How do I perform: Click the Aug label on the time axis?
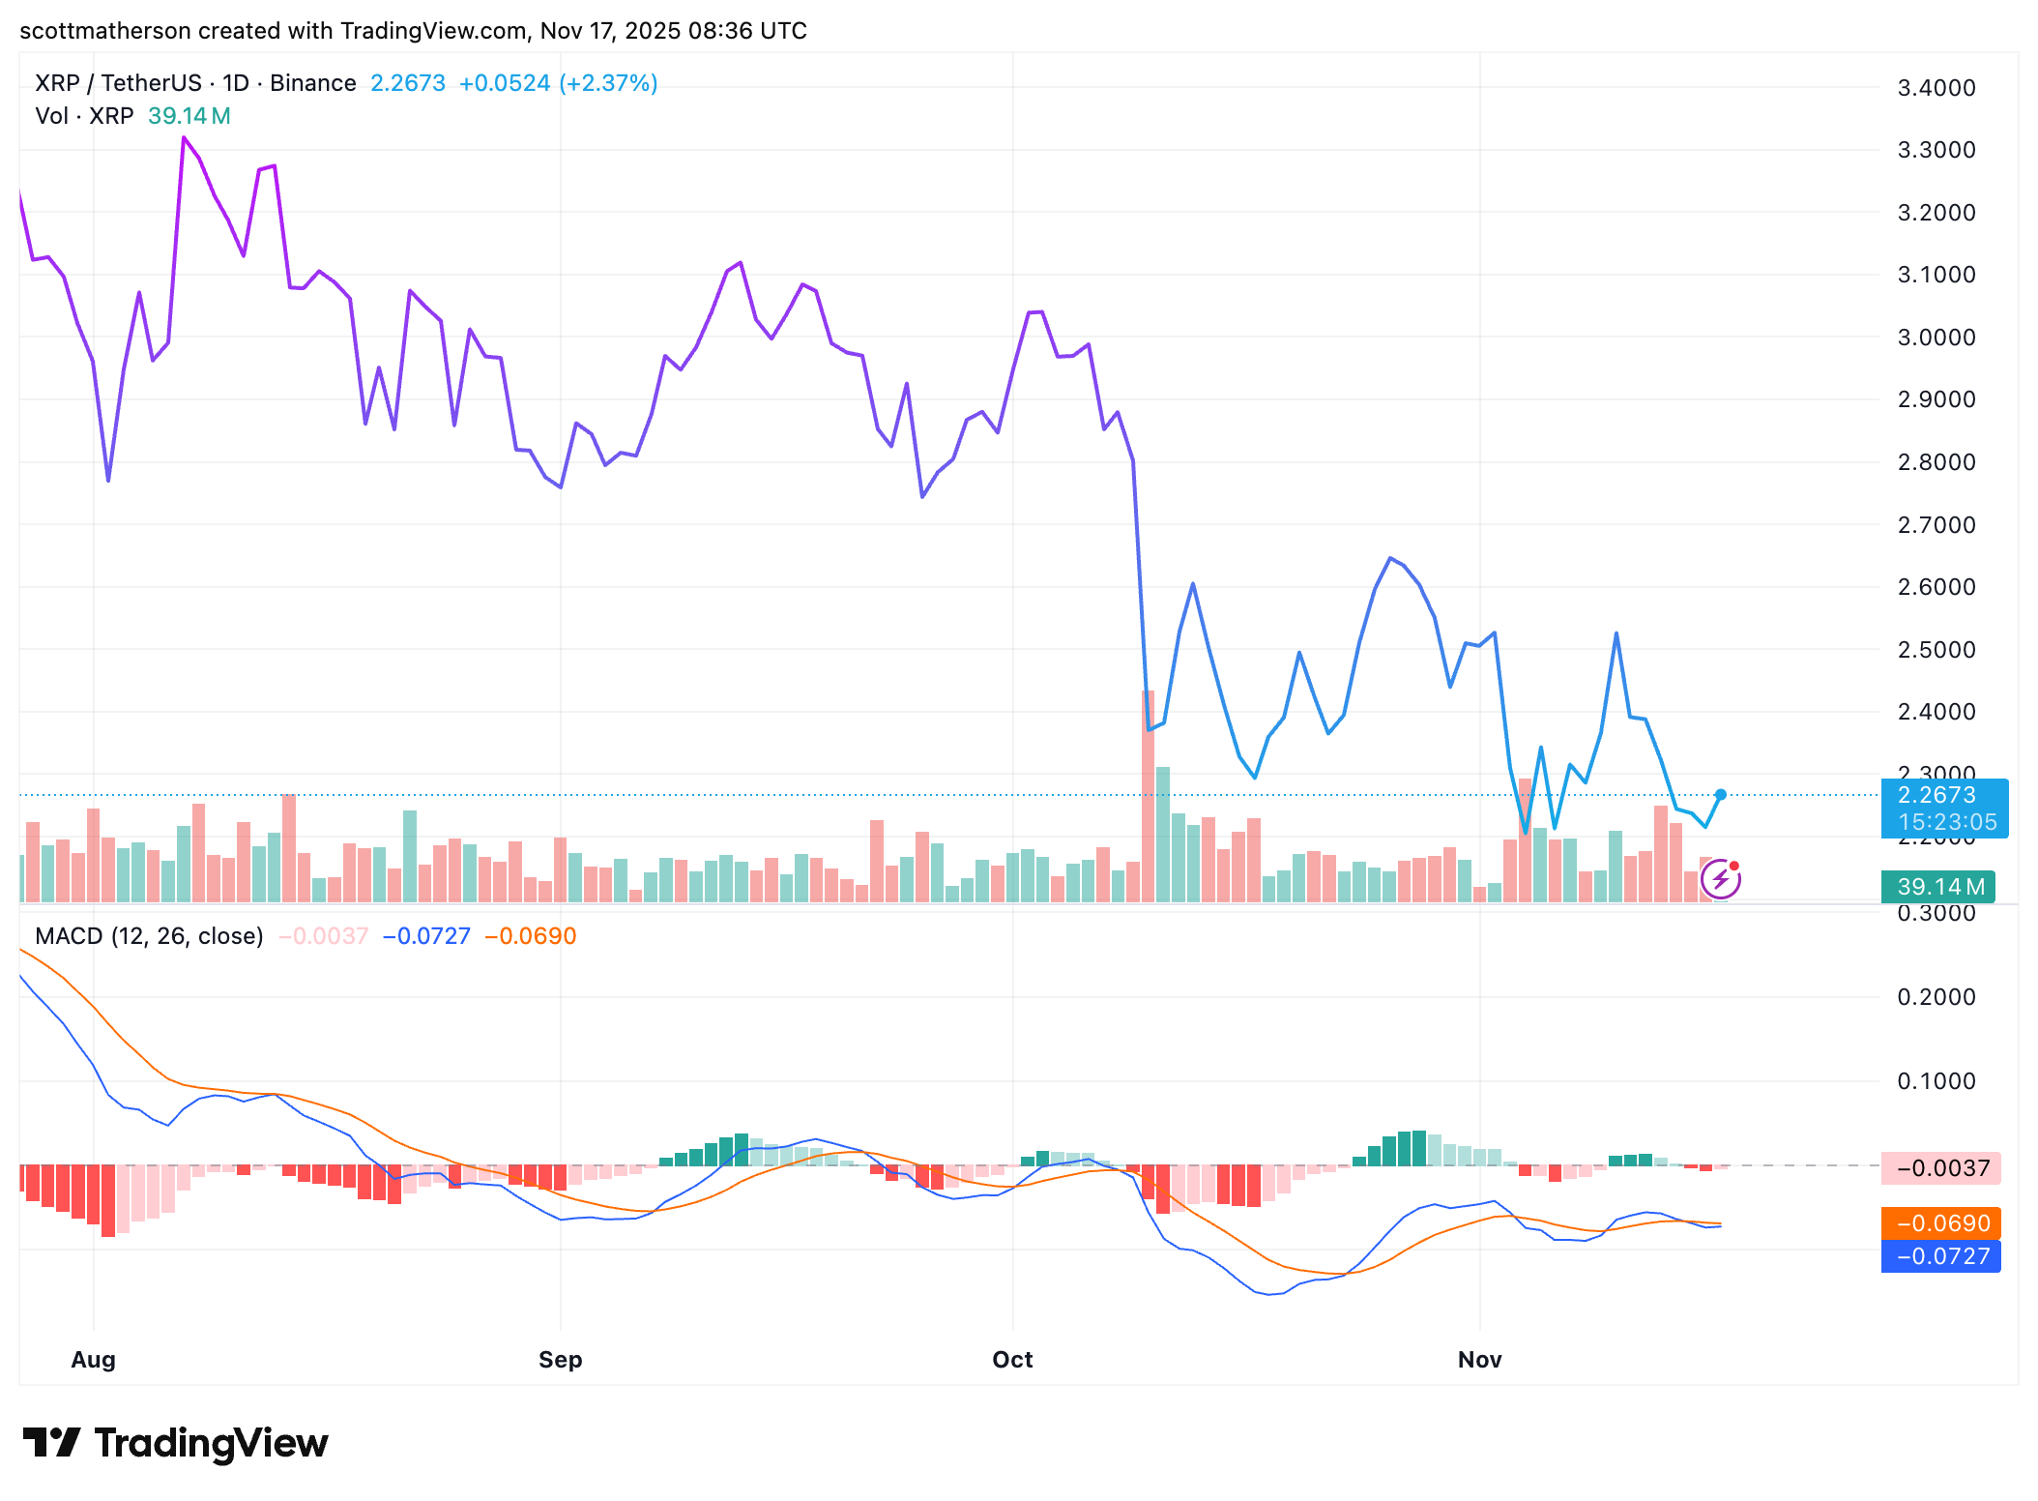click(x=93, y=1359)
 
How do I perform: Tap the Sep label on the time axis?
click(x=560, y=1359)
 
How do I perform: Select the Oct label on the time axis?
click(x=1012, y=1359)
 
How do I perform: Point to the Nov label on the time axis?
click(x=1479, y=1359)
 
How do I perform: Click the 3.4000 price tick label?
click(x=1936, y=88)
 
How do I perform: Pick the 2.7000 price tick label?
click(x=1936, y=525)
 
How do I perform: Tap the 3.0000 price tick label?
click(x=1936, y=338)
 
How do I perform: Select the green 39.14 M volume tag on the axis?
click(x=1939, y=886)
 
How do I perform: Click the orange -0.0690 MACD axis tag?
click(x=1941, y=1223)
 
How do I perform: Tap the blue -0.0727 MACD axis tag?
click(x=1941, y=1256)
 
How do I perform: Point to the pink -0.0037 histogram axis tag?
click(x=1941, y=1168)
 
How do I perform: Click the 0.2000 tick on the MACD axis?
click(x=1936, y=997)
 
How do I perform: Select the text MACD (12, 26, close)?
click(x=149, y=936)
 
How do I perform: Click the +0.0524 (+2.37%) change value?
click(x=558, y=83)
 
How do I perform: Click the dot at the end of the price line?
click(x=1721, y=795)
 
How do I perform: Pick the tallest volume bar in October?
click(x=1149, y=793)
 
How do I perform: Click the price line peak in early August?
click(x=184, y=138)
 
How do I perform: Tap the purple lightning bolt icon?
click(x=1721, y=879)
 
